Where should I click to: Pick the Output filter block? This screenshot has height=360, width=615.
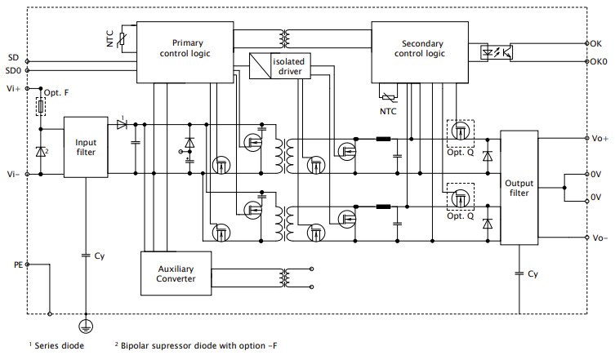519,188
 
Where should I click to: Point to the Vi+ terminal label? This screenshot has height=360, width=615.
12,87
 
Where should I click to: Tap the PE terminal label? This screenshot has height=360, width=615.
19,265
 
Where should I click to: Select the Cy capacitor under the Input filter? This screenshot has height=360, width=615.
86,256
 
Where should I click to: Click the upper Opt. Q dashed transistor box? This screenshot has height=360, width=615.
458,130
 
